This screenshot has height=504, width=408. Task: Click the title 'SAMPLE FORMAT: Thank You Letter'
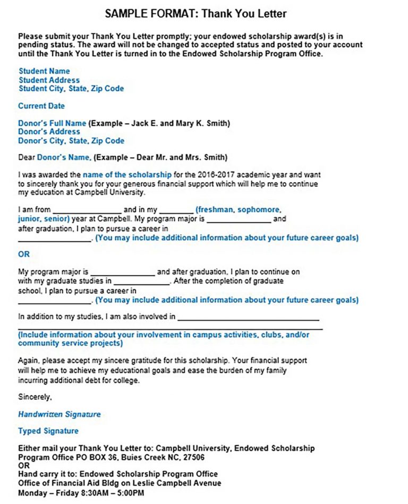(203, 13)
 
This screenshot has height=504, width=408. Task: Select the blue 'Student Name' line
(44, 71)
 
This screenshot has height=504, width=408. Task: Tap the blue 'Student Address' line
(49, 80)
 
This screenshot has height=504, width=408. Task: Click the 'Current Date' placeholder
(41, 106)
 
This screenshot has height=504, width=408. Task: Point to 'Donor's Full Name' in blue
(52, 123)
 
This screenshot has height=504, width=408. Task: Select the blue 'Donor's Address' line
(49, 132)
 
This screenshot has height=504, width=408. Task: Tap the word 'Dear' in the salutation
(27, 158)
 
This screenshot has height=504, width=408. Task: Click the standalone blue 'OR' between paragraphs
(24, 254)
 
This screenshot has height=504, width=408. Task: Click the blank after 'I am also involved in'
(248, 318)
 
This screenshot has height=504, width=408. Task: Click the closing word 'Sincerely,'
(35, 396)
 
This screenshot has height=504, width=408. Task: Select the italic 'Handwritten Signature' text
(59, 414)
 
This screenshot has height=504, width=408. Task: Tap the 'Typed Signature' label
(48, 431)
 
